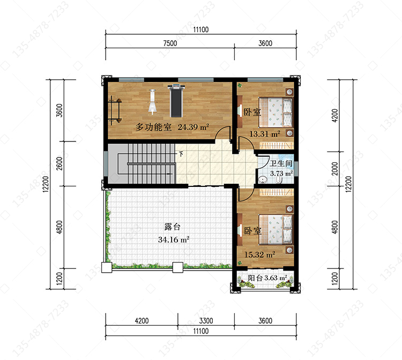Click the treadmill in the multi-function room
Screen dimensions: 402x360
point(176,101)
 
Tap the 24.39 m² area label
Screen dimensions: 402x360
point(193,127)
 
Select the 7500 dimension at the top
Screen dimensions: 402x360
point(170,43)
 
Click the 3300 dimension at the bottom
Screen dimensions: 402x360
point(206,320)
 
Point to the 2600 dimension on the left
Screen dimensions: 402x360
point(59,163)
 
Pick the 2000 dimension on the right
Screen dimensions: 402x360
point(335,169)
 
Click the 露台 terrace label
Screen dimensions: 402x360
point(172,227)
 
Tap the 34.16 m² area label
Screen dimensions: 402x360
point(174,239)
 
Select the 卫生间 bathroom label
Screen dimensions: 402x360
point(281,163)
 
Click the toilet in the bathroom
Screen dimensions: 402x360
point(279,179)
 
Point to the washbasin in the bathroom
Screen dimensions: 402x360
point(263,180)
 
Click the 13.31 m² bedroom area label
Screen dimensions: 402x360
point(265,134)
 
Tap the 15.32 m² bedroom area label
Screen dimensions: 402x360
point(260,254)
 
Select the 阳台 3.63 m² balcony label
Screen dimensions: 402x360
point(267,278)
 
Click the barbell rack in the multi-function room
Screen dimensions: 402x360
point(115,110)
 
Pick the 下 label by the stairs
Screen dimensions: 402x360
point(181,154)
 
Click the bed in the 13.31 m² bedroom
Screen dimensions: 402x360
point(276,112)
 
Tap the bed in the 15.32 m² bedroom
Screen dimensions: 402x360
point(276,229)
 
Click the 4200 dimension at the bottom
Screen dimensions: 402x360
point(142,320)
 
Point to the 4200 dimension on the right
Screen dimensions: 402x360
point(335,116)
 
